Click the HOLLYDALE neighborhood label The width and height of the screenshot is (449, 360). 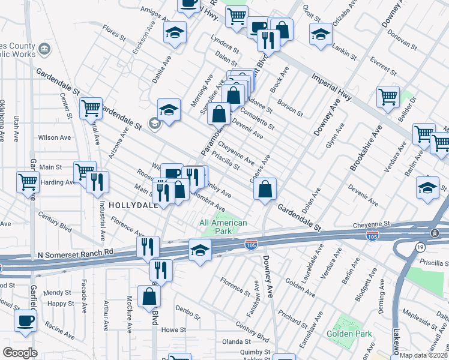point(133,205)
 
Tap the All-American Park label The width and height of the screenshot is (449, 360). point(223,227)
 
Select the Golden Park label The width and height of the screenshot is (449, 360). point(348,334)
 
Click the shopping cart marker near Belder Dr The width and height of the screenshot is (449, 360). point(388,96)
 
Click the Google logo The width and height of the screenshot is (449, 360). point(20,353)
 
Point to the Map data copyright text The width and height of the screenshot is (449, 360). point(423,355)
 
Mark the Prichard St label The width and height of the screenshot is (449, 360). point(293,314)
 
